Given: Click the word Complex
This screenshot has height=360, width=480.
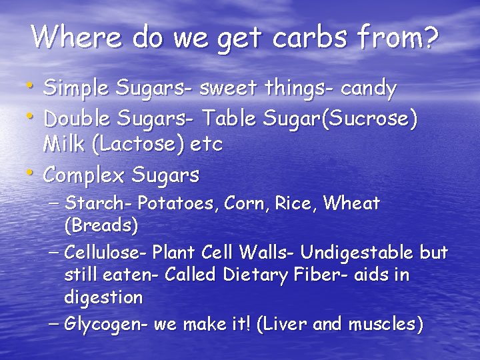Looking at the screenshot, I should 84,175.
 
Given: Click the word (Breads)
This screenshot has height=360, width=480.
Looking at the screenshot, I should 101,225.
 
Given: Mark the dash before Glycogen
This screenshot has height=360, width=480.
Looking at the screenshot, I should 56,325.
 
